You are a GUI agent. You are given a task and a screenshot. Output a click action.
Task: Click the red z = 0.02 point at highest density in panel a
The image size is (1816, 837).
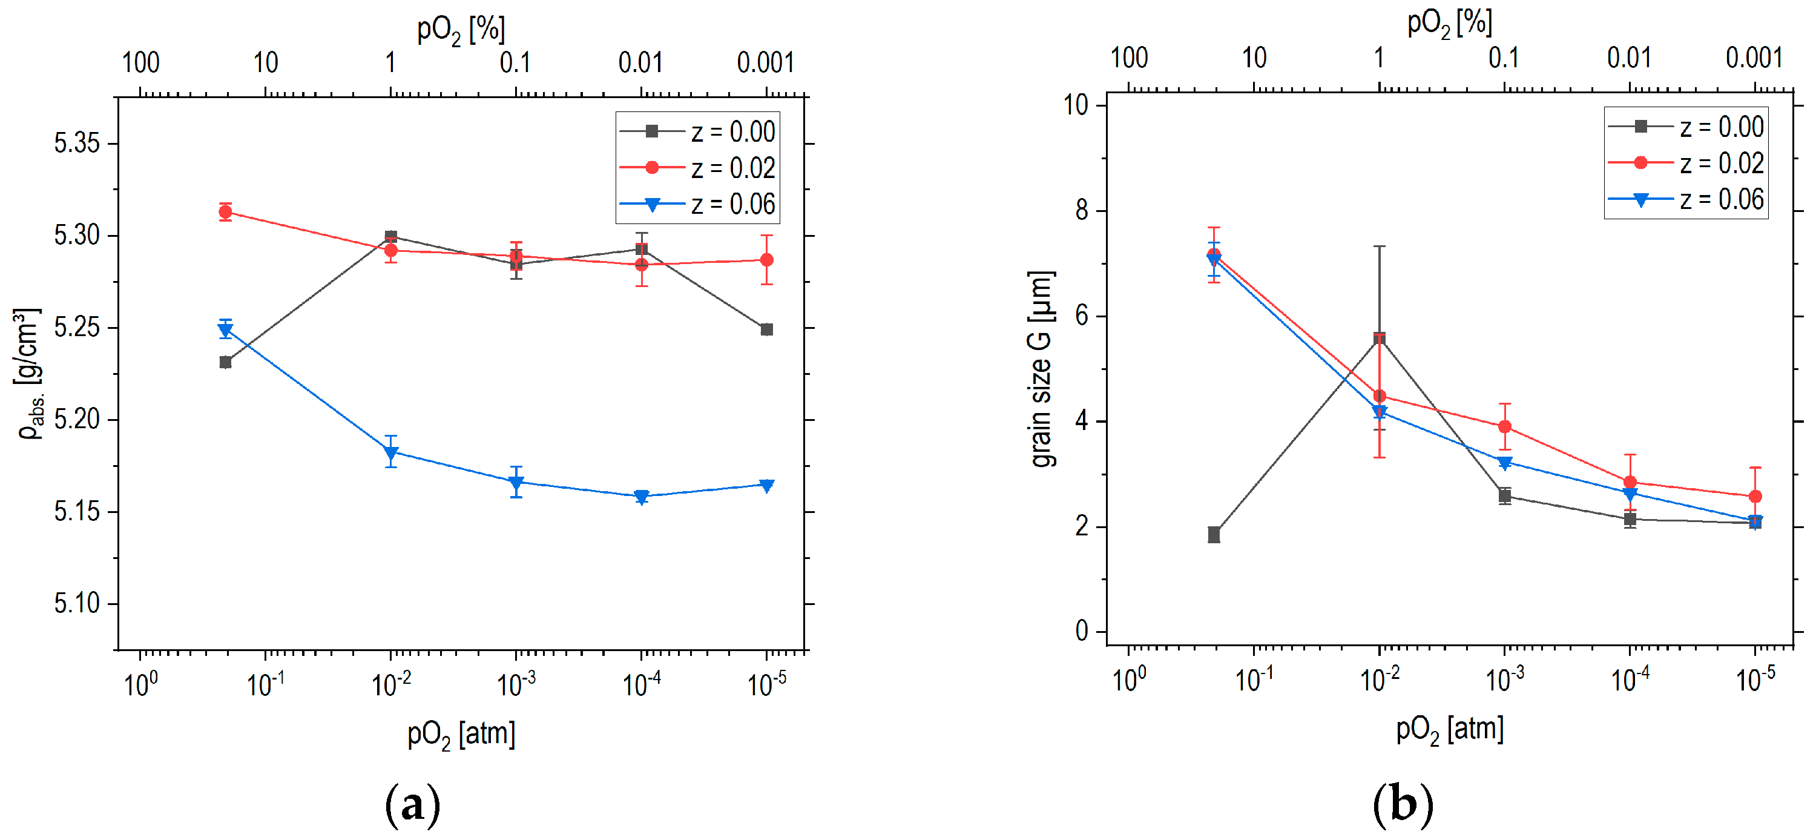point(225,211)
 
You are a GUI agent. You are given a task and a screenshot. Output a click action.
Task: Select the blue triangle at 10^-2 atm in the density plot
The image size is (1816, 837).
point(391,452)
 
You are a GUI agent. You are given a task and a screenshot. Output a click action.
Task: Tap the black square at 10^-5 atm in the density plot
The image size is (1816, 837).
point(767,329)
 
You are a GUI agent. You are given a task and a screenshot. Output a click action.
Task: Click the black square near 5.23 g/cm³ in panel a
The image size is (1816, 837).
point(226,362)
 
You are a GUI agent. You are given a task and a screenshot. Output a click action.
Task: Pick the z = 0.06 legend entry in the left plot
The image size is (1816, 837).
point(697,205)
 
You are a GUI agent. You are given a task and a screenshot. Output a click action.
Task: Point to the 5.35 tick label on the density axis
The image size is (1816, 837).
point(77,143)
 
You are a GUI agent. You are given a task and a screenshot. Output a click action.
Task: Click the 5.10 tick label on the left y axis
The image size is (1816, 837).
point(77,604)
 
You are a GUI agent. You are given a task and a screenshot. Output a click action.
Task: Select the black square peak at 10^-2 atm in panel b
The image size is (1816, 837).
point(1380,339)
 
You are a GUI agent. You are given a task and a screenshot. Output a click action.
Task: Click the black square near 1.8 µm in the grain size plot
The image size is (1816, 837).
point(1214,535)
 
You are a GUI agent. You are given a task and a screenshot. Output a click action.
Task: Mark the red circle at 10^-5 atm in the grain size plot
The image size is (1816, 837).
point(1755,497)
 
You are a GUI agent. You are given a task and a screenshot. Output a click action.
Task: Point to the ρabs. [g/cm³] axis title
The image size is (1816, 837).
point(28,374)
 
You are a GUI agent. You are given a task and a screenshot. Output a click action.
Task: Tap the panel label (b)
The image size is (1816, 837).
point(1403,804)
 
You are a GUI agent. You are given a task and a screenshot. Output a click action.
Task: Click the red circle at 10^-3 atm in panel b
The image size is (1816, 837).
point(1504,426)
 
